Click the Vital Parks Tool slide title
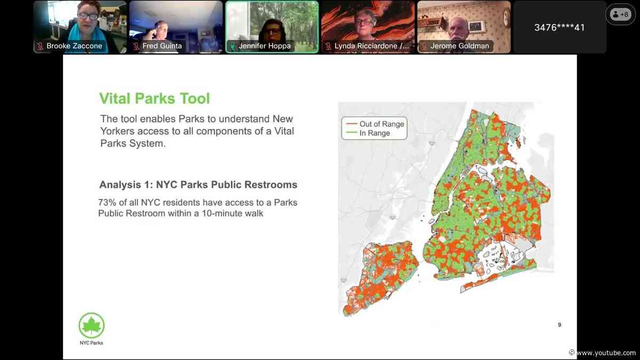pos(154,99)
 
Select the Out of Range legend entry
pos(375,124)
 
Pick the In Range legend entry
pos(368,133)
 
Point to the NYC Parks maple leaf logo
pos(91,326)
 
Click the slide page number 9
pos(559,325)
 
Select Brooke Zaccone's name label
pos(74,46)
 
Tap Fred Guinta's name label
pos(162,46)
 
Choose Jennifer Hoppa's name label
pos(265,46)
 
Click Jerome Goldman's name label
pos(460,46)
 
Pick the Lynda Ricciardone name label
pos(371,46)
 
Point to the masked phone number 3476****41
pos(559,28)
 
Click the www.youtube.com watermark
pos(604,353)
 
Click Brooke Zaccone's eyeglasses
pos(89,16)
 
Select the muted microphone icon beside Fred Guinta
pos(137,46)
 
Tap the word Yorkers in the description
pos(117,131)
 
